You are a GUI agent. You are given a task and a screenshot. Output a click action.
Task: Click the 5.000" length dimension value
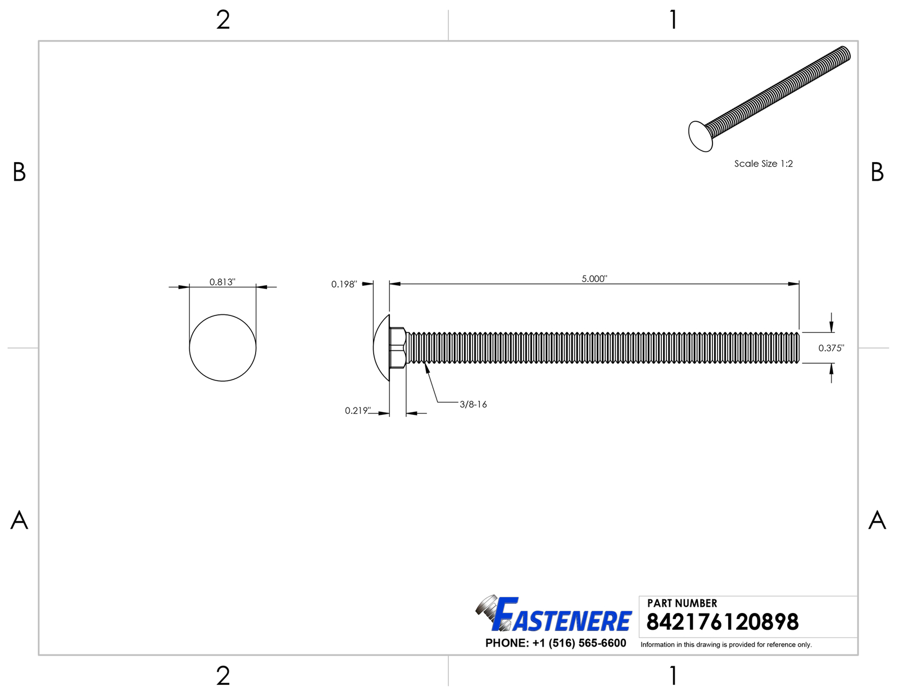[594, 278]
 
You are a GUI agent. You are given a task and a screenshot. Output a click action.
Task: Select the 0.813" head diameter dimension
[222, 282]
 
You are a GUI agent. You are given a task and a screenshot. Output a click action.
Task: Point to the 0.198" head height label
[344, 284]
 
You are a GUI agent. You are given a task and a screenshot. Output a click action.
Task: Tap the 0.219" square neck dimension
[357, 410]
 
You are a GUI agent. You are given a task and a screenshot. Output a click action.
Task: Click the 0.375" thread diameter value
[831, 348]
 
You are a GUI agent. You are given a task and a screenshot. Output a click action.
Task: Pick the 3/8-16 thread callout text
[473, 404]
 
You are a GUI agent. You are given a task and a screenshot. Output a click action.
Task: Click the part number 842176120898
[723, 622]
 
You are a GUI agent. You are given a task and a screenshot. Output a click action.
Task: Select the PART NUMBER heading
[682, 603]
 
